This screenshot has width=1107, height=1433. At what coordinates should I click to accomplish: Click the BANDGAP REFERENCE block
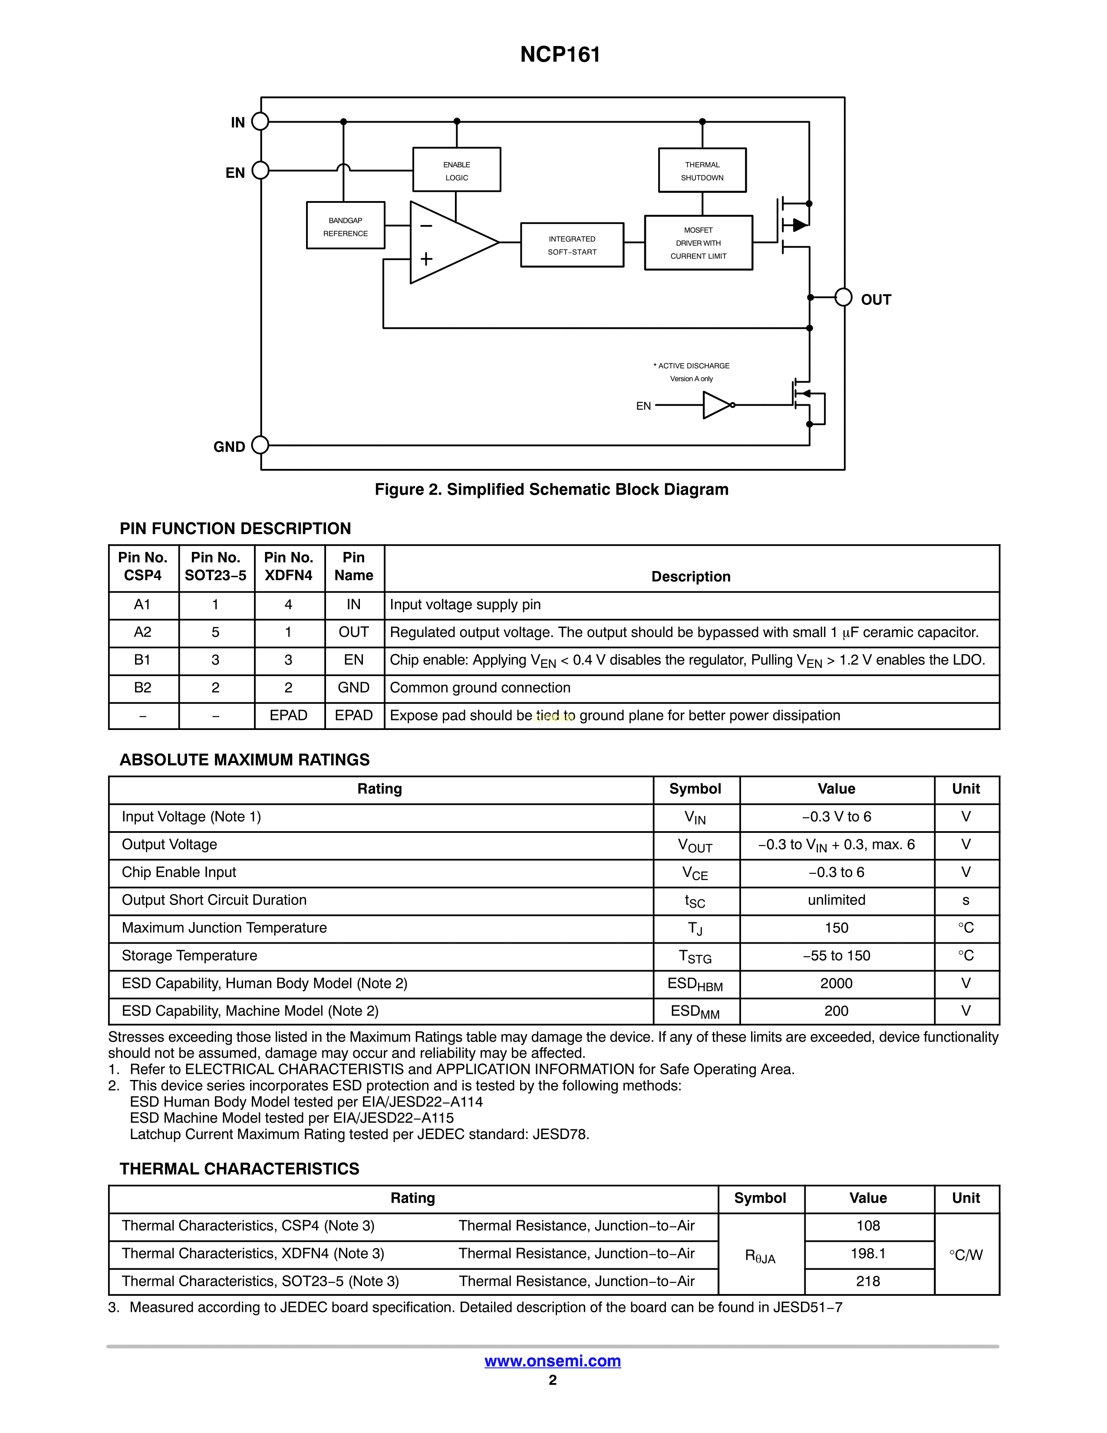[x=346, y=226]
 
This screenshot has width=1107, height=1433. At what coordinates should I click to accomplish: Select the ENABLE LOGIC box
[x=456, y=170]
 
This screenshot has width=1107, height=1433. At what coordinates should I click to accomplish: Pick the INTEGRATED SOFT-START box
[x=572, y=245]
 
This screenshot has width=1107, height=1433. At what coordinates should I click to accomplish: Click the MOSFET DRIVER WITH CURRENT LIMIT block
[x=698, y=243]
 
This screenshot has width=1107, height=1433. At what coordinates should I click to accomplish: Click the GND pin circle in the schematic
[x=260, y=446]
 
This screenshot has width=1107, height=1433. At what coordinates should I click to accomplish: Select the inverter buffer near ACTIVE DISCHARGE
[x=717, y=406]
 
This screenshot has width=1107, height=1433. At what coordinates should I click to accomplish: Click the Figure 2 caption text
[x=551, y=489]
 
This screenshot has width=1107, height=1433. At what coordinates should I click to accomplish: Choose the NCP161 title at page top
[x=560, y=54]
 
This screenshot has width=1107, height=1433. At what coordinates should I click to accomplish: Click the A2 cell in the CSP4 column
[x=143, y=633]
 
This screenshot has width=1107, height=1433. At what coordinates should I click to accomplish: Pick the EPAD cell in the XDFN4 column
[x=289, y=716]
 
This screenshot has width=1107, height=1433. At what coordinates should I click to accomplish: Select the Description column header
[x=691, y=577]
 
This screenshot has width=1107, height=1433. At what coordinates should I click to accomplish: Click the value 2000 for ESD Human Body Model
[x=836, y=984]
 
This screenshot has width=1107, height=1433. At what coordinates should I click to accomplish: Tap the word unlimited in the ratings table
[x=836, y=900]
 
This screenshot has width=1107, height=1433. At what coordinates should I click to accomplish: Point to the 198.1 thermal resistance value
[x=868, y=1254]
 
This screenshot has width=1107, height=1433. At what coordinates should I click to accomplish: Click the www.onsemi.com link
[x=553, y=1361]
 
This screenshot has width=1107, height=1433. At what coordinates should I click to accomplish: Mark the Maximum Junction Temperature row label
[x=224, y=928]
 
